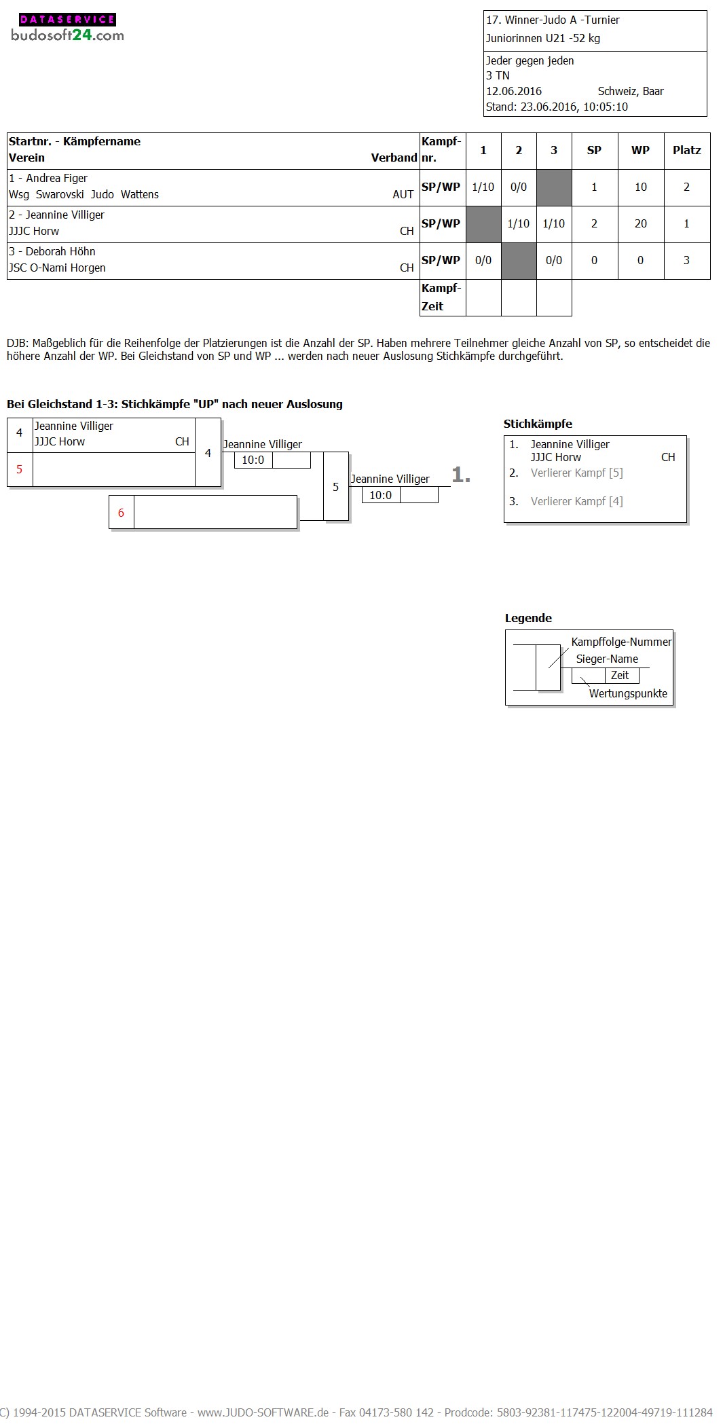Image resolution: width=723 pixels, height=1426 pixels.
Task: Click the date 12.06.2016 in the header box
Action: pyautogui.click(x=514, y=91)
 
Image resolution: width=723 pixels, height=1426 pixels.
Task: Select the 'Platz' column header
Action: pyautogui.click(x=686, y=150)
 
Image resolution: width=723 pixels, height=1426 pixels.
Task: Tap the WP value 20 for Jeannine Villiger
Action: pyautogui.click(x=640, y=223)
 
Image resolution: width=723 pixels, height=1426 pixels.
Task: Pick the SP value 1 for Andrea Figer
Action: pyautogui.click(x=594, y=187)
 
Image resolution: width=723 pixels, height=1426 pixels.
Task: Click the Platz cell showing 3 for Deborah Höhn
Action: pyautogui.click(x=686, y=260)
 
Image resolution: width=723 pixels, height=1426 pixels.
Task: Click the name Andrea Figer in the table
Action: pyautogui.click(x=56, y=178)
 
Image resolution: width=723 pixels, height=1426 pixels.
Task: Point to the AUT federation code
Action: pyautogui.click(x=403, y=194)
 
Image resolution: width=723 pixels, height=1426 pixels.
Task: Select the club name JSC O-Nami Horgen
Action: pyautogui.click(x=57, y=268)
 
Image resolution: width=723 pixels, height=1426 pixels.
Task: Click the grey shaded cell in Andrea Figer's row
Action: pyautogui.click(x=554, y=187)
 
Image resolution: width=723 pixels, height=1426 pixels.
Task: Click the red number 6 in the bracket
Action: pyautogui.click(x=122, y=513)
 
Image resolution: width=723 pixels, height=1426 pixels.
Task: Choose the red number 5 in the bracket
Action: pyautogui.click(x=19, y=469)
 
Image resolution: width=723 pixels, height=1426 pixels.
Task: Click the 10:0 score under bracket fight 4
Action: pyautogui.click(x=253, y=460)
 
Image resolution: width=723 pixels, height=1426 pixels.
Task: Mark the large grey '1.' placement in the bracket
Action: pyautogui.click(x=461, y=475)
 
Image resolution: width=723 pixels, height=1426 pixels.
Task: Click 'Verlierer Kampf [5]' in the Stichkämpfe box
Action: pyautogui.click(x=576, y=473)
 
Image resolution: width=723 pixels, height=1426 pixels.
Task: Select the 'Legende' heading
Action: pyautogui.click(x=528, y=618)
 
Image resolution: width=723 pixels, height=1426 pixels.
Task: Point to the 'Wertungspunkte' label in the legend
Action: pyautogui.click(x=628, y=693)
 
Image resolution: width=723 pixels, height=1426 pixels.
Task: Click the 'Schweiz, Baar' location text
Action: pyautogui.click(x=631, y=91)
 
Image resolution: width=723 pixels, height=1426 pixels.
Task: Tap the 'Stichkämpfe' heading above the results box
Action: pyautogui.click(x=538, y=424)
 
